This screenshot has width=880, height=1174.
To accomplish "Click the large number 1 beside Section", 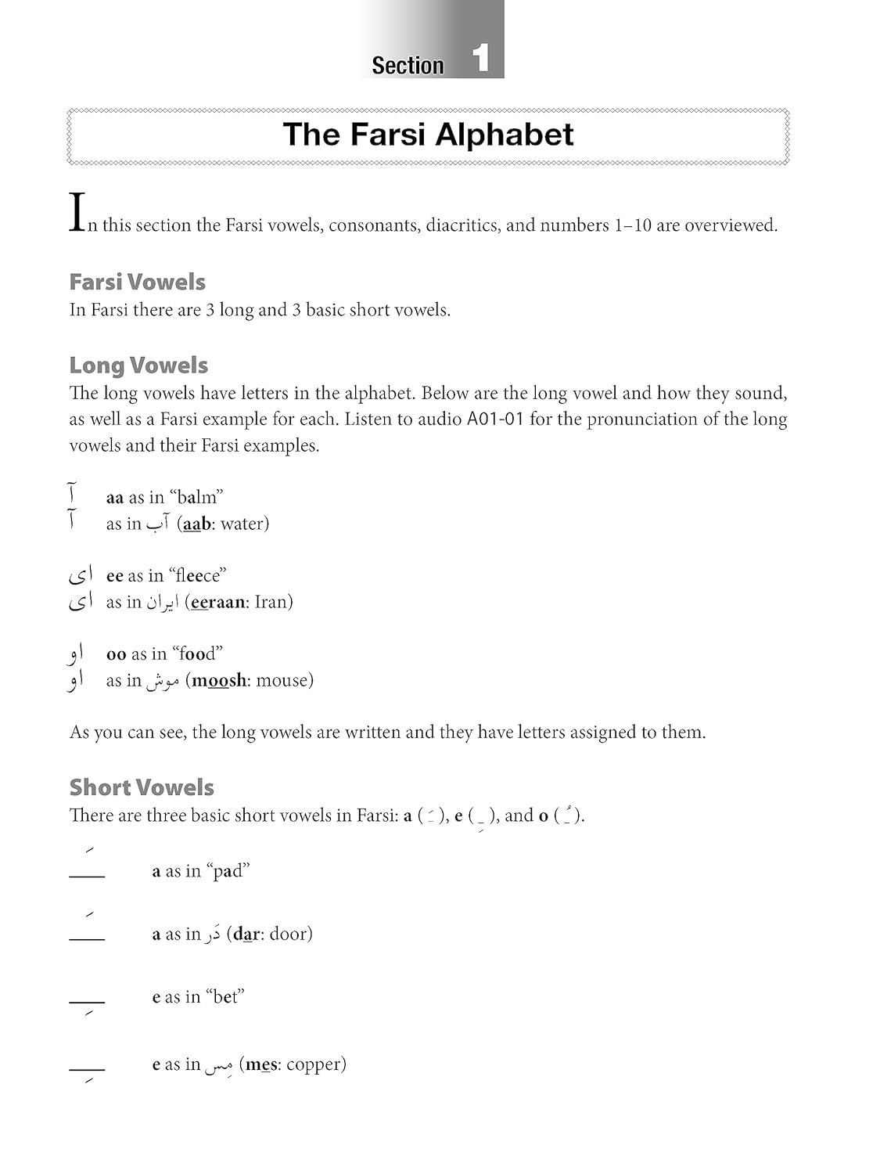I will click(481, 59).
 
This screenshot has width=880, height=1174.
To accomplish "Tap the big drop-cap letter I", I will click(77, 212).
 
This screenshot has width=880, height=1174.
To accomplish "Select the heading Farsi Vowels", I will click(137, 282).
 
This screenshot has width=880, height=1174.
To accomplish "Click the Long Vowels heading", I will click(138, 366).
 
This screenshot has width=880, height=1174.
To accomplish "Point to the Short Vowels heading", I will click(142, 787).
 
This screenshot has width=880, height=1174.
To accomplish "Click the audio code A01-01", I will click(495, 420).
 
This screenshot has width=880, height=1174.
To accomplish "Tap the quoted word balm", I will click(196, 497).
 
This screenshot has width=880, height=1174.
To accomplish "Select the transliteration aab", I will click(196, 524).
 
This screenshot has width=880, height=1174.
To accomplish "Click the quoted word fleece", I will click(197, 576).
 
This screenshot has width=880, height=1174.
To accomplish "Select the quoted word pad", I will click(228, 871).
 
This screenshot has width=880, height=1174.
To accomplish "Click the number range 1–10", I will click(632, 225).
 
